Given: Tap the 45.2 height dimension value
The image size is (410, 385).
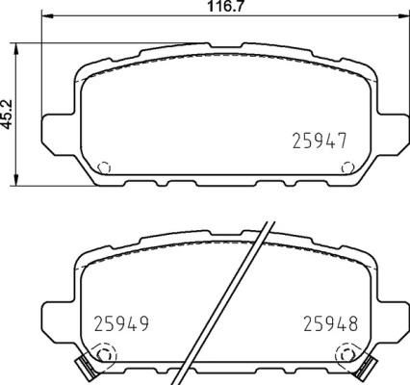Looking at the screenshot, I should [7, 114].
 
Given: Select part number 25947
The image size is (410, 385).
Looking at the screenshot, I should [319, 140].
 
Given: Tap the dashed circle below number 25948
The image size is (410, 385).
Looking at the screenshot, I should [344, 359].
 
